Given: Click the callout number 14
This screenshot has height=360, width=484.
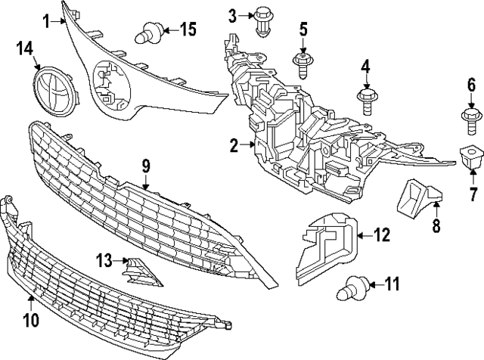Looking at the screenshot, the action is point(25,49).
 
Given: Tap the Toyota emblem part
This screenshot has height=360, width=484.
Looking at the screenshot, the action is point(55,91).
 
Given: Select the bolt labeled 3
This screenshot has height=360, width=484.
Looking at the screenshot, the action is point(262,22).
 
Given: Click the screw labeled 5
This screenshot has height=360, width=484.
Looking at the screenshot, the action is point(302,65).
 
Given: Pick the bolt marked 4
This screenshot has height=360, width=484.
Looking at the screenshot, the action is point(368,101).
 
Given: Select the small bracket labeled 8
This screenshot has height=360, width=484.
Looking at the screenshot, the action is point(419,197).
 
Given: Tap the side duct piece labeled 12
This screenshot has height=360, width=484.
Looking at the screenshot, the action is point(327,248).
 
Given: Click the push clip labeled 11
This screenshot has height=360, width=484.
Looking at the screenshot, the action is point(352,288).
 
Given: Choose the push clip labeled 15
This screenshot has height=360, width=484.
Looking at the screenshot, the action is point(150,33).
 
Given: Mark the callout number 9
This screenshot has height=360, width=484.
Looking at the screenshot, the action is point(146,167).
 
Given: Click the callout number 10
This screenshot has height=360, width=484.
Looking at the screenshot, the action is point(31,320).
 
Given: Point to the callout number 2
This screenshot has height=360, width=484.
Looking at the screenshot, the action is point(234,146).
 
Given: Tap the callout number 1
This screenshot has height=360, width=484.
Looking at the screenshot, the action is point(46,21).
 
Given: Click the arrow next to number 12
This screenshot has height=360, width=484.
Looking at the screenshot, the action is point(365,236).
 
